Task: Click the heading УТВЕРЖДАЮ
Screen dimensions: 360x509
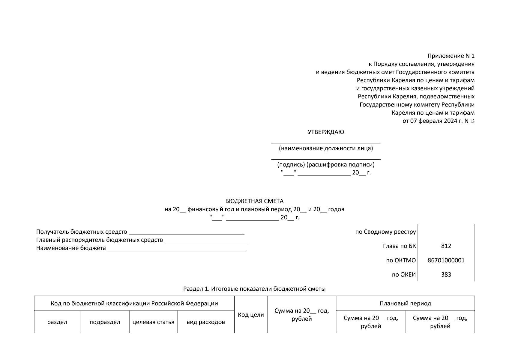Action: [326, 132]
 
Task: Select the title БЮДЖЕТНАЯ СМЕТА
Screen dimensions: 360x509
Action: [254, 201]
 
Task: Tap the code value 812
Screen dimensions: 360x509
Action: [446, 246]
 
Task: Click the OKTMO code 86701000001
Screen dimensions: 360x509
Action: [446, 260]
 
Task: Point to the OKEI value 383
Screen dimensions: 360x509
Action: [446, 274]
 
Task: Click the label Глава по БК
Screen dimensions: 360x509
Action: [399, 246]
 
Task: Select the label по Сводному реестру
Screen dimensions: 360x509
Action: [385, 232]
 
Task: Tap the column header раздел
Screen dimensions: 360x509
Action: [57, 322]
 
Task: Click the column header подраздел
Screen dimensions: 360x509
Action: [105, 322]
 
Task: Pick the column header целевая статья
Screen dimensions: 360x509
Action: [153, 322]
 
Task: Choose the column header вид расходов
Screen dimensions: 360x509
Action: [206, 322]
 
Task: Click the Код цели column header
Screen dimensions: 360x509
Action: [251, 315]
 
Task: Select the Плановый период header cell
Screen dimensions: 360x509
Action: [405, 303]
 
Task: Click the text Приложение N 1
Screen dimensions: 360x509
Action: [451, 56]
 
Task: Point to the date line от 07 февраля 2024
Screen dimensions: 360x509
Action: [439, 121]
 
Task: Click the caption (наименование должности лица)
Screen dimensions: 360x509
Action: [326, 148]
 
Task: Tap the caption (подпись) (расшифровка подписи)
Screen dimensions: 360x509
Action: [326, 165]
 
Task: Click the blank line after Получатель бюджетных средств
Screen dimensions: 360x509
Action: [186, 233]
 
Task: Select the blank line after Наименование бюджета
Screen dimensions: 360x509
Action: [177, 249]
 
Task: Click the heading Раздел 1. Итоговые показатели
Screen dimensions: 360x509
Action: [254, 289]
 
